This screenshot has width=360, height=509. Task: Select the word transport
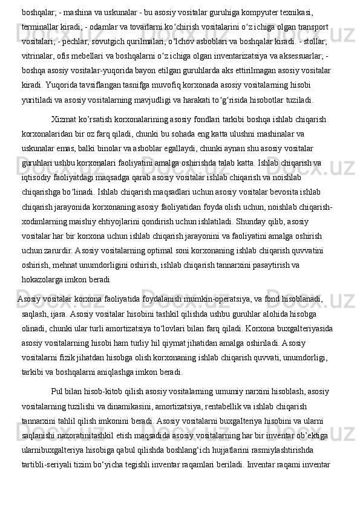coord(312,27)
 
